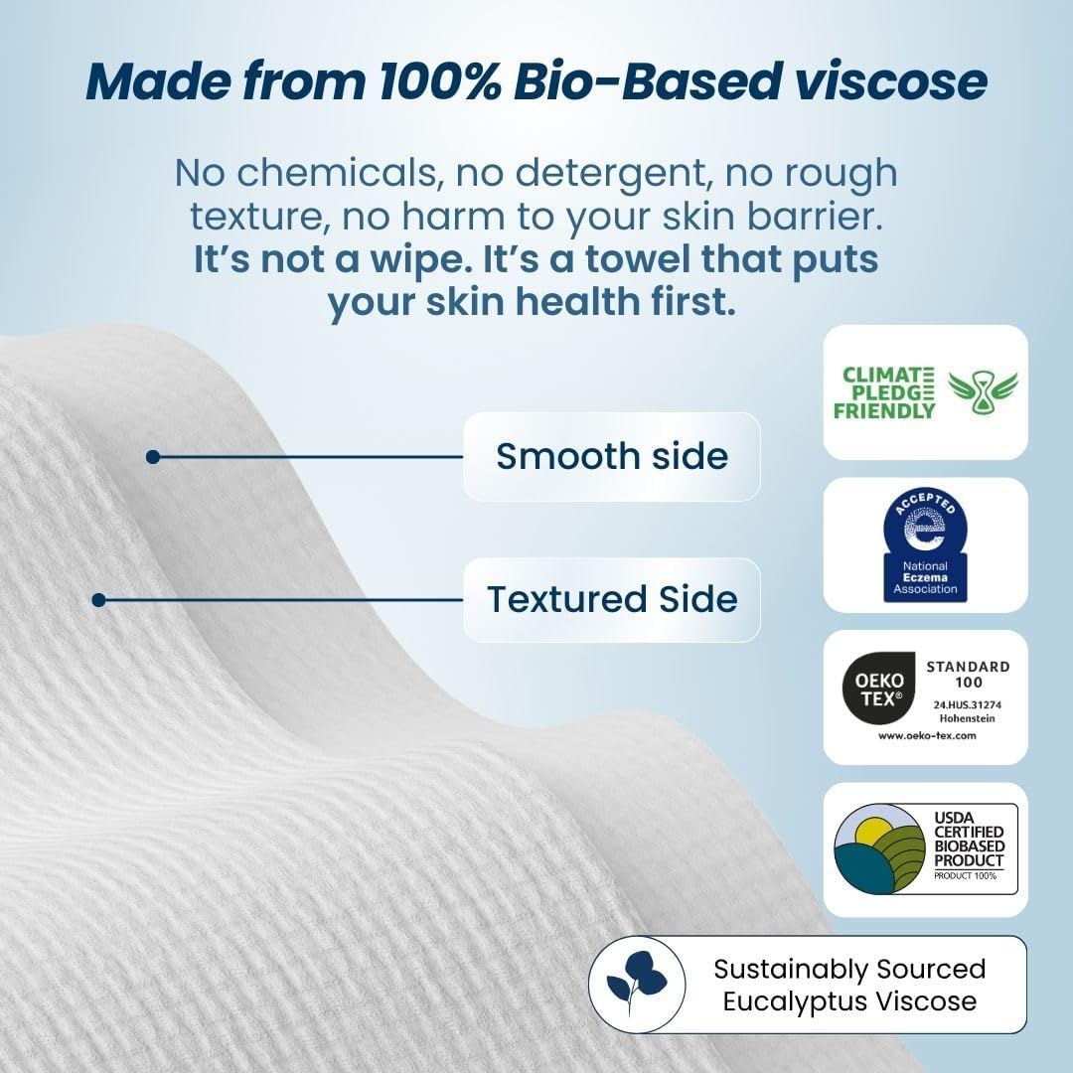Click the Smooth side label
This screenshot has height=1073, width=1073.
click(611, 456)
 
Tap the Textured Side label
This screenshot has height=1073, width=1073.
click(611, 599)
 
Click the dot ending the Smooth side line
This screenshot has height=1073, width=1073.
click(152, 457)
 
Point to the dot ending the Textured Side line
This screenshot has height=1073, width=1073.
click(98, 600)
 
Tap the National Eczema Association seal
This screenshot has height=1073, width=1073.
click(925, 545)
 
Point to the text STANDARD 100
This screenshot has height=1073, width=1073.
click(968, 675)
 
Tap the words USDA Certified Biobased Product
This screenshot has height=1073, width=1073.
click(968, 840)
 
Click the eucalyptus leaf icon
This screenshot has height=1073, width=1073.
click(636, 984)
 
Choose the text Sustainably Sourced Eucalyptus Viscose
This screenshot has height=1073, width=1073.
click(849, 984)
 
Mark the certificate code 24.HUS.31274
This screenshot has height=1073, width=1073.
click(968, 703)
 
